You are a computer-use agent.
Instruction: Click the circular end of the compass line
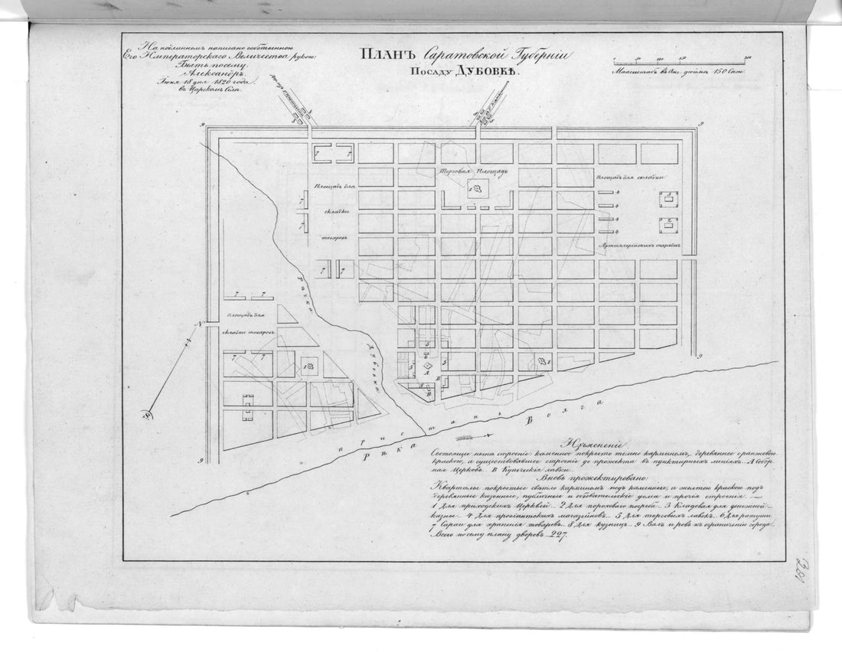tap(144, 416)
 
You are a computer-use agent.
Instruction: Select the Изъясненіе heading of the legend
tap(594, 443)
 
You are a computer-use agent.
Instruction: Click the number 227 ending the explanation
tap(551, 537)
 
